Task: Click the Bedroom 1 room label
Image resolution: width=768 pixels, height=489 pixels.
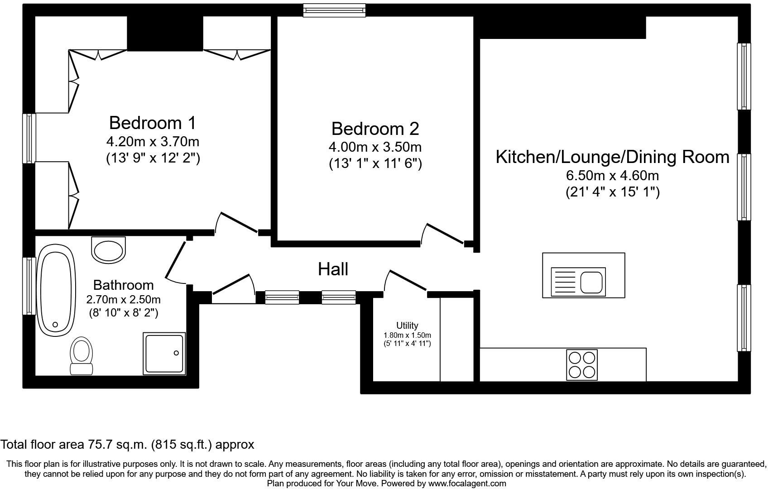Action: tap(153, 123)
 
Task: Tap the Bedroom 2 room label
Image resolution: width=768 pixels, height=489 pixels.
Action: tap(375, 129)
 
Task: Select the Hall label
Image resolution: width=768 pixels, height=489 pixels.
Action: tap(333, 269)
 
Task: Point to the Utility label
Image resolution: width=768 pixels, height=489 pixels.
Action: tap(407, 326)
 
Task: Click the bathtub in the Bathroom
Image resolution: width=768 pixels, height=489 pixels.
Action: tap(56, 290)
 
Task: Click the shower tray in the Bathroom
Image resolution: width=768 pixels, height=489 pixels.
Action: tap(164, 354)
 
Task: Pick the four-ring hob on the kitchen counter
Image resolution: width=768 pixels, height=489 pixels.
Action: tap(582, 365)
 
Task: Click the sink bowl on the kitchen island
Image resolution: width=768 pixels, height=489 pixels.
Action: tap(591, 282)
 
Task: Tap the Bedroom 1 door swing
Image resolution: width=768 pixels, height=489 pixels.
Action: tap(236, 223)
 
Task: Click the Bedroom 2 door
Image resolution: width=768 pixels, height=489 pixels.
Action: tap(442, 235)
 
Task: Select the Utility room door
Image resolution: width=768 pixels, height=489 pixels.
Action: tap(405, 281)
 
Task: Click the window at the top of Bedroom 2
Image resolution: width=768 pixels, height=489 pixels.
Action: tap(334, 10)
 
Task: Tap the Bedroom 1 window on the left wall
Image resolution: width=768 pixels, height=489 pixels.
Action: tap(29, 138)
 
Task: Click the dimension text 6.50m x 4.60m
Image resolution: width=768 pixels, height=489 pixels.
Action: tap(612, 176)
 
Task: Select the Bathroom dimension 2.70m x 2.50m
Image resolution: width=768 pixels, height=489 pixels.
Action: tap(124, 300)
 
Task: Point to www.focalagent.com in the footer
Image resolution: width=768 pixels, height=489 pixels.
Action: tap(467, 484)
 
